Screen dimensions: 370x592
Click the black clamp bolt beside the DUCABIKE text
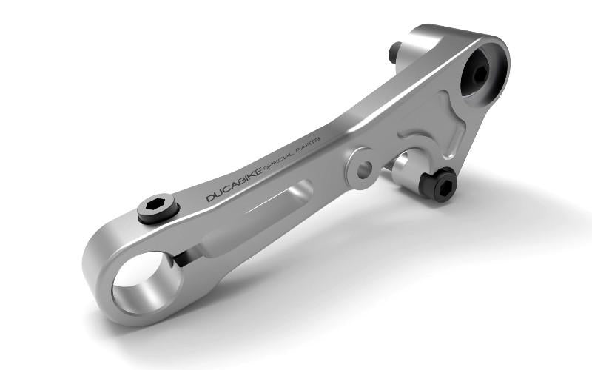click(158, 209)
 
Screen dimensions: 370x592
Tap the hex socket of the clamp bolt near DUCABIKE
click(158, 205)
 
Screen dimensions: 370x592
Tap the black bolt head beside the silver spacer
click(443, 184)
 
